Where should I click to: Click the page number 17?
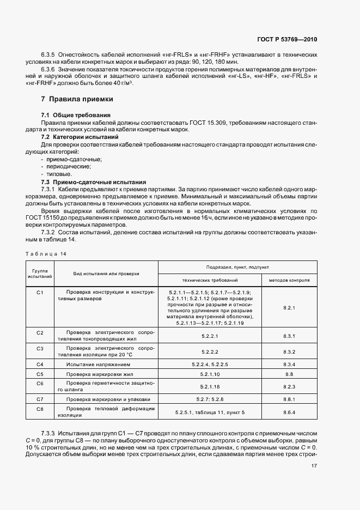click(x=314, y=465)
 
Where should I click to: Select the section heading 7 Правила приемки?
click(x=77, y=99)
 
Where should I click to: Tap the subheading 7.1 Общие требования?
click(x=76, y=116)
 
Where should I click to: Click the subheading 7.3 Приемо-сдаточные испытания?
click(x=93, y=181)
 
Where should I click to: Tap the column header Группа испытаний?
click(x=40, y=273)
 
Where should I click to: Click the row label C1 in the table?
click(x=40, y=293)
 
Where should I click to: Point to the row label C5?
click(x=40, y=374)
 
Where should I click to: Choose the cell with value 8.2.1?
click(x=289, y=308)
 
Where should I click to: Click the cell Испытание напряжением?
click(x=91, y=364)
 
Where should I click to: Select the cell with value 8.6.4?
click(x=289, y=412)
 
